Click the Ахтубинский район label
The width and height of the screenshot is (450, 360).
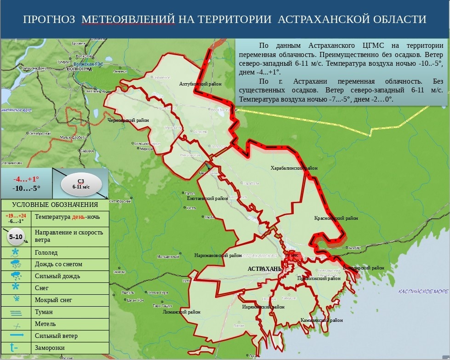[x=200, y=84]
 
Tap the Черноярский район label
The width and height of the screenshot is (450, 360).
[x=123, y=120]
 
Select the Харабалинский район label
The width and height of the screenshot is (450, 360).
[x=294, y=168]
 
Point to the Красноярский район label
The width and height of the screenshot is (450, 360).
[x=336, y=218]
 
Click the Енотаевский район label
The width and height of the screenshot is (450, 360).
[x=207, y=199]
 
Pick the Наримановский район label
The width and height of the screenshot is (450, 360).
[x=218, y=256]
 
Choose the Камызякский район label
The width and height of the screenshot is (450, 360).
[x=322, y=320]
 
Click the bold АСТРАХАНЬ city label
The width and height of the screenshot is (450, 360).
[x=264, y=269]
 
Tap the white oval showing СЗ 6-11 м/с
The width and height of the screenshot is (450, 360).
[x=80, y=184]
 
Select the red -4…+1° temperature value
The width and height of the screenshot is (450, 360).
[x=27, y=179]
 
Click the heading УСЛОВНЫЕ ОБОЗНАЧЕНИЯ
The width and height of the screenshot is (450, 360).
[x=55, y=205]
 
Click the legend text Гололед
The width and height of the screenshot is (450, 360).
[x=46, y=252]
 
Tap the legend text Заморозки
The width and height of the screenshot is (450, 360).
[x=50, y=348]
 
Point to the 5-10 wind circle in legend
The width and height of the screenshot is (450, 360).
[x=16, y=237]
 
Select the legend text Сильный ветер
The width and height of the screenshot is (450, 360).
[x=56, y=336]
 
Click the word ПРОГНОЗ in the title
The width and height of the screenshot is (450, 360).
[x=49, y=19]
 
